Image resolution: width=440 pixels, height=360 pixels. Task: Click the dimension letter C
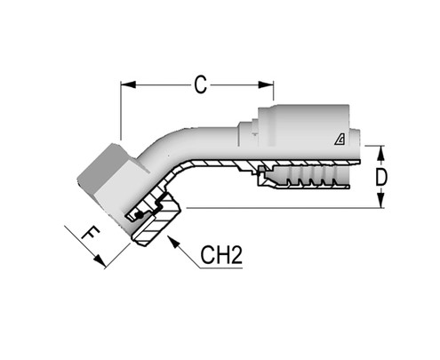201,84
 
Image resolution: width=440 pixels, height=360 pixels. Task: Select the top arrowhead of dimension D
381,148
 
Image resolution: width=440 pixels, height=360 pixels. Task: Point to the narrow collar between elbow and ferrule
248,133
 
